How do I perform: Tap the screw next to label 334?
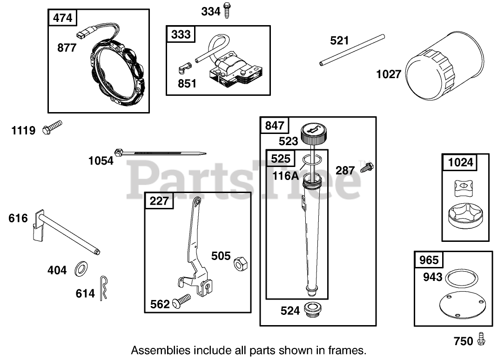point(228,10)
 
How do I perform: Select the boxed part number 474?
point(63,18)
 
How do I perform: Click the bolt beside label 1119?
point(52,127)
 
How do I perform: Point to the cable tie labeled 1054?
point(158,152)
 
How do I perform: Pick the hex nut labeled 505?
point(240,264)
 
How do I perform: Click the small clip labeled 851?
point(184,69)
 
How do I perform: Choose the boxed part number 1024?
point(461,162)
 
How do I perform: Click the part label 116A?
point(286,176)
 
